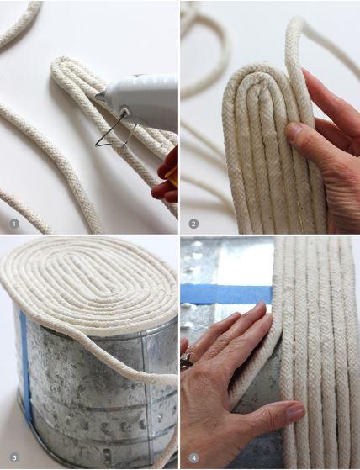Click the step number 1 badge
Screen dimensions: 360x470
pos(14,224)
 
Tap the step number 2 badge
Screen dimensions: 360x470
pos(193,224)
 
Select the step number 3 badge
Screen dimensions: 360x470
pos(14,458)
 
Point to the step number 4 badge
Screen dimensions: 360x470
pos(194,458)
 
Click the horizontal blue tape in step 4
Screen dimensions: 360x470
pos(227,293)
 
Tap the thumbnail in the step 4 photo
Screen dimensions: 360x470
pos(294,413)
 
